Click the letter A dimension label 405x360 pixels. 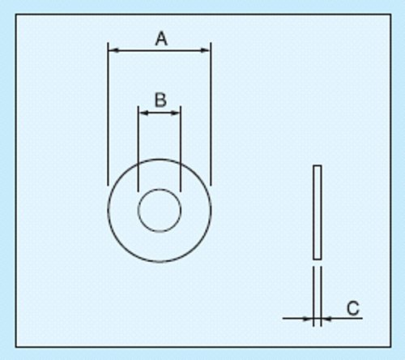pyautogui.click(x=161, y=38)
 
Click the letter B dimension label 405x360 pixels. pyautogui.click(x=160, y=100)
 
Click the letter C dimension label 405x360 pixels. pyautogui.click(x=353, y=308)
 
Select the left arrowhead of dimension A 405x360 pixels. pyautogui.click(x=114, y=50)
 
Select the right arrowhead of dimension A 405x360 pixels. pyautogui.click(x=205, y=50)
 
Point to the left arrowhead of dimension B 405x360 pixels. pyautogui.click(x=143, y=113)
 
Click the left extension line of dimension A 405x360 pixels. pyautogui.click(x=108, y=114)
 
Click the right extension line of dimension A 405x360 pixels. pyautogui.click(x=211, y=114)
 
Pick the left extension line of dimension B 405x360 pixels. pyautogui.click(x=139, y=148)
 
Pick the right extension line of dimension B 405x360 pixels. pyautogui.click(x=181, y=148)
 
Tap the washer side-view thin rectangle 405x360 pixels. pyautogui.click(x=313, y=212)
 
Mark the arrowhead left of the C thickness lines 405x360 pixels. pyautogui.click(x=308, y=319)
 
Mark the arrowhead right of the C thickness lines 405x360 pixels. pyautogui.click(x=326, y=319)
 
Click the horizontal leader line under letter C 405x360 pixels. pyautogui.click(x=342, y=319)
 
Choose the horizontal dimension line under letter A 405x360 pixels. pyautogui.click(x=160, y=50)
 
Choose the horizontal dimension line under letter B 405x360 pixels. pyautogui.click(x=160, y=113)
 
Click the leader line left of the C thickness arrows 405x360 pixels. pyautogui.click(x=298, y=319)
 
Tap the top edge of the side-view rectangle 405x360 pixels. pyautogui.click(x=318, y=165)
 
